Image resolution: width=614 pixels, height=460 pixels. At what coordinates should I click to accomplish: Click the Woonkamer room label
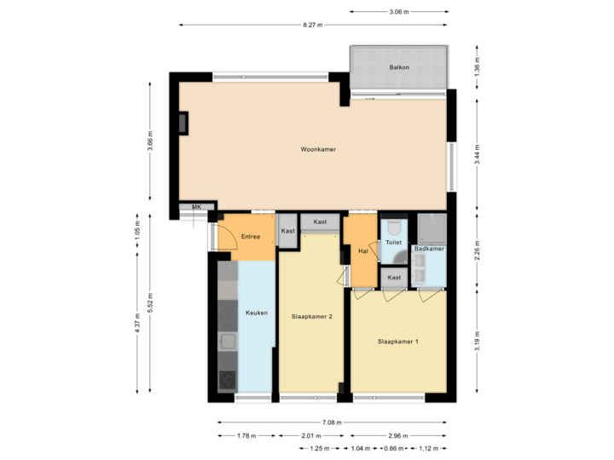317,149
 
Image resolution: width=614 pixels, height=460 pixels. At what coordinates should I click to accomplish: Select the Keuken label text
257,313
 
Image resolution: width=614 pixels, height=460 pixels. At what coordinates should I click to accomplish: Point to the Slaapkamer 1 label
398,342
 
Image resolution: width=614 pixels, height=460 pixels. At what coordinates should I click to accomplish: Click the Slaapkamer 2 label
311,316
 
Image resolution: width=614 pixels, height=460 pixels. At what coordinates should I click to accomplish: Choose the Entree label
251,237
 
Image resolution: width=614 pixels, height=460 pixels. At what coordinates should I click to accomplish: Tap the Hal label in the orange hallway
363,251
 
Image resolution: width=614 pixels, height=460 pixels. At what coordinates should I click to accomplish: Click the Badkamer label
429,249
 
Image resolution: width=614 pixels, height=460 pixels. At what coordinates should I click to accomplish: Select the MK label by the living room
196,207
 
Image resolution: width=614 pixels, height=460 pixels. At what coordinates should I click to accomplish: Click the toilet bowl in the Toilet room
393,227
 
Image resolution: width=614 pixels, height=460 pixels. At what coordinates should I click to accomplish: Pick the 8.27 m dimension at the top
313,26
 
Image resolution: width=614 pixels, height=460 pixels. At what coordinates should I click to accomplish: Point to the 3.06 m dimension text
398,12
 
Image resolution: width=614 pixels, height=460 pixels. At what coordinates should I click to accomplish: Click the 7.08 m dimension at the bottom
332,423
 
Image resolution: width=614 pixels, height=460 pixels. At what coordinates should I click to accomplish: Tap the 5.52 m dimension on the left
150,303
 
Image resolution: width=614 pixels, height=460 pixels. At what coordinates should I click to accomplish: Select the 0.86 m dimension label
393,448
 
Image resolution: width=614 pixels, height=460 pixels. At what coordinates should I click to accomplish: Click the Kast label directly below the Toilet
394,278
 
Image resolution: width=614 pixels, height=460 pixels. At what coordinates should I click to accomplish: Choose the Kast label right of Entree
288,231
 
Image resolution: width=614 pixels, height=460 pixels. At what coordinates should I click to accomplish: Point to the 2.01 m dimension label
310,435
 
